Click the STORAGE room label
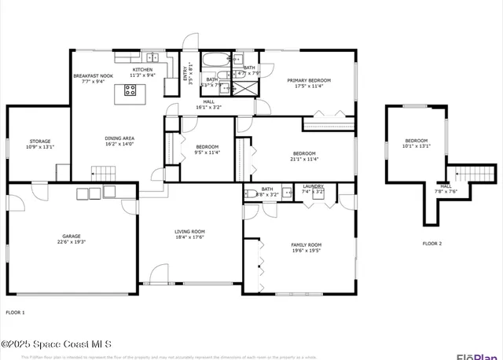point(39,141)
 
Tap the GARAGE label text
point(72,236)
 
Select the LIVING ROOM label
point(189,231)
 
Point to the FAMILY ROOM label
point(307,244)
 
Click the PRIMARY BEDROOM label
point(309,80)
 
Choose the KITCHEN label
point(143,70)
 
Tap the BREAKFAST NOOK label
point(94,76)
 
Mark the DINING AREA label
point(119,138)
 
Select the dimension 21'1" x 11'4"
point(304,159)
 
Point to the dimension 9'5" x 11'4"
point(207,152)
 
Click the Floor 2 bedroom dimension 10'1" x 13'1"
point(417,145)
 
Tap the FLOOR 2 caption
point(432,244)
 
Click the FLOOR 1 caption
point(16,313)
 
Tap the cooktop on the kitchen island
point(130,91)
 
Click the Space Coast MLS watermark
point(57,344)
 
